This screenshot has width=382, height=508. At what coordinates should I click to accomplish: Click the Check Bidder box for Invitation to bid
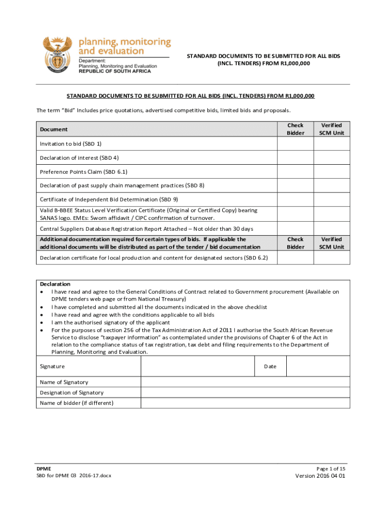click(295, 144)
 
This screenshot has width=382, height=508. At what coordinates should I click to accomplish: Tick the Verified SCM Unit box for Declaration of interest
click(331, 158)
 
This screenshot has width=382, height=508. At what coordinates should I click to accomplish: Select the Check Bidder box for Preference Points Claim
click(295, 172)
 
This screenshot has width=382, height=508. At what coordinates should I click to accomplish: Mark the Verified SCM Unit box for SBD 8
click(331, 186)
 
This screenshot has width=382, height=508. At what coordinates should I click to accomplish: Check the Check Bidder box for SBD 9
click(295, 199)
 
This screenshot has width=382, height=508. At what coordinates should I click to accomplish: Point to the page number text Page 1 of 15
click(330, 469)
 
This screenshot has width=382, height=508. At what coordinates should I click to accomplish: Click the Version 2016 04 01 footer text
click(320, 476)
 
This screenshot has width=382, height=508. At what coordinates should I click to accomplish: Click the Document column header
click(54, 129)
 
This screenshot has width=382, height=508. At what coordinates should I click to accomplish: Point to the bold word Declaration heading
click(55, 284)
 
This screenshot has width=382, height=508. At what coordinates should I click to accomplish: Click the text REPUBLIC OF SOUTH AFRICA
click(115, 71)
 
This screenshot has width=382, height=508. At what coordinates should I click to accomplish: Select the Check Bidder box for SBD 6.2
click(295, 257)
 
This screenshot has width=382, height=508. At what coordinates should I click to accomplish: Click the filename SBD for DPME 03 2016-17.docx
click(74, 476)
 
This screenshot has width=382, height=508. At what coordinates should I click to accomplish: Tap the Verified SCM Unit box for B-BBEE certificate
click(331, 214)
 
